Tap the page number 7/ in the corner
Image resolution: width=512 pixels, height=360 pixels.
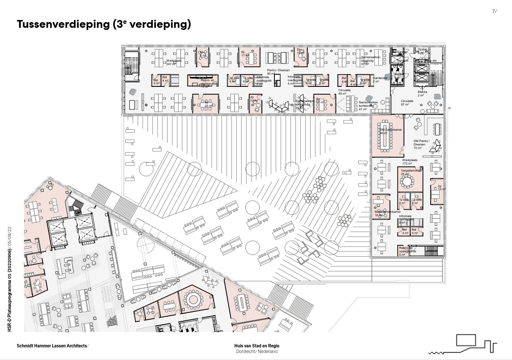tap(494, 12)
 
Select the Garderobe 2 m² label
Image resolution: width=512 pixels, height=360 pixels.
tap(373, 79)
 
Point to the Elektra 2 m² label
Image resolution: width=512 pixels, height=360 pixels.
tap(422, 93)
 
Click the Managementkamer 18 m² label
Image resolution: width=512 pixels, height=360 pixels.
tap(386, 213)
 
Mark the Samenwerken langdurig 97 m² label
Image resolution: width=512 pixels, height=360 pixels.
tap(371, 60)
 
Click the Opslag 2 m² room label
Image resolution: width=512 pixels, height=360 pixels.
tap(422, 51)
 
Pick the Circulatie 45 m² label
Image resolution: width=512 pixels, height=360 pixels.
tap(343, 92)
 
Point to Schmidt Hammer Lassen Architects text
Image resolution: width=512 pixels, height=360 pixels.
tap(52, 346)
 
